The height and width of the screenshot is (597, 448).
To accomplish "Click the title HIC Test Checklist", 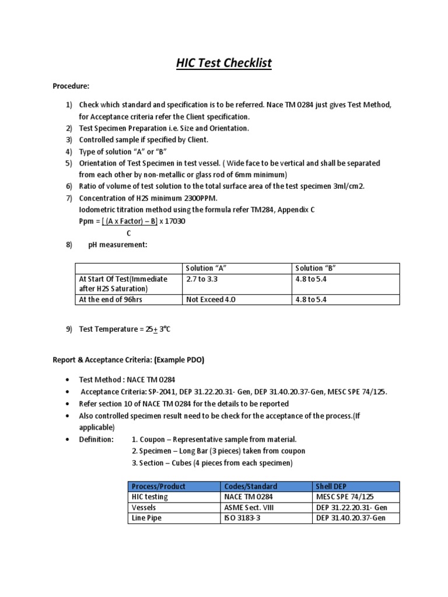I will pyautogui.click(x=224, y=62).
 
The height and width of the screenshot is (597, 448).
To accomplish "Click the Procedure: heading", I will pyautogui.click(x=71, y=86).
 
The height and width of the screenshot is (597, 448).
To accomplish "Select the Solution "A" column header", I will pyautogui.click(x=205, y=268).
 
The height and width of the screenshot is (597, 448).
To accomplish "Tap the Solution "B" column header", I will pyautogui.click(x=316, y=268).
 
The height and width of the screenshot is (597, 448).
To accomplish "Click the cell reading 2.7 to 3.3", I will pyautogui.click(x=201, y=279).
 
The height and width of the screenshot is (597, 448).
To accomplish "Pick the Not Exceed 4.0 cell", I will pyautogui.click(x=211, y=300).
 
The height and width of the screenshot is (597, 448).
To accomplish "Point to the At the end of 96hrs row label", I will pyautogui.click(x=110, y=300).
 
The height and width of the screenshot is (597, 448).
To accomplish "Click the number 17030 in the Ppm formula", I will pyautogui.click(x=177, y=222).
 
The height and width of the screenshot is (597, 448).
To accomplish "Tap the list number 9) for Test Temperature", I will pyautogui.click(x=68, y=329).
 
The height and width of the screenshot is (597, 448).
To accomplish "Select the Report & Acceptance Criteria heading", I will pyautogui.click(x=128, y=360).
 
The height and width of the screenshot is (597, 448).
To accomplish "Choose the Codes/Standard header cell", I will pyautogui.click(x=251, y=486).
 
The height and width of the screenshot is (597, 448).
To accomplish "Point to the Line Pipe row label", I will pyautogui.click(x=147, y=518).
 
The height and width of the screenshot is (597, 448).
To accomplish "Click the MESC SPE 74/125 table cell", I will pyautogui.click(x=345, y=497).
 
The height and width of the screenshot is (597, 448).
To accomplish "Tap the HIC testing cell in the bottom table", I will pyautogui.click(x=149, y=497).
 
